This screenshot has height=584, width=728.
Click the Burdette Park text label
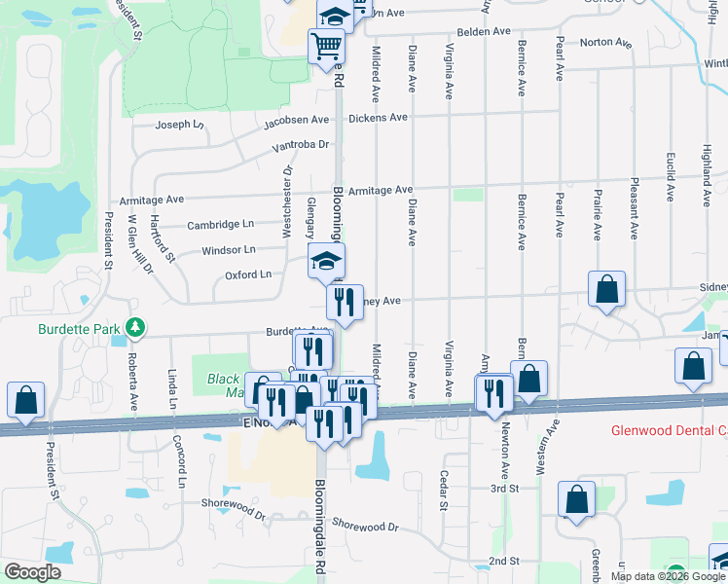pyautogui.click(x=82, y=329)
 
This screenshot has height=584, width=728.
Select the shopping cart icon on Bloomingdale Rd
pyautogui.click(x=327, y=45)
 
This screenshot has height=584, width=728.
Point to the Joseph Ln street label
pyautogui.click(x=180, y=125)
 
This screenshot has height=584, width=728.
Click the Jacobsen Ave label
pyautogui.click(x=297, y=120)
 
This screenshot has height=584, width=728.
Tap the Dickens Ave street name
pyautogui.click(x=378, y=118)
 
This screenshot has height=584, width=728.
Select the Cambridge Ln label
pyautogui.click(x=220, y=224)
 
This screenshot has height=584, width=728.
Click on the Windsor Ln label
pyautogui.click(x=229, y=250)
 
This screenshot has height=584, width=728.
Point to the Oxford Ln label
pyautogui.click(x=248, y=275)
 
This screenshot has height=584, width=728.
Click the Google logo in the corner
pyautogui.click(x=32, y=572)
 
